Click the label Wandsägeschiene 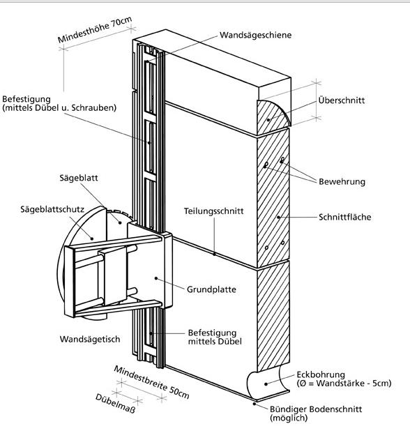pyautogui.click(x=255, y=36)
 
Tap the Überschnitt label pyautogui.click(x=342, y=100)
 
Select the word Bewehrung pyautogui.click(x=342, y=182)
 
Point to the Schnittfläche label pyautogui.click(x=345, y=217)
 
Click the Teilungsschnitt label pyautogui.click(x=213, y=211)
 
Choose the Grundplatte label pyautogui.click(x=211, y=289)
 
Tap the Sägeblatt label pyautogui.click(x=79, y=179)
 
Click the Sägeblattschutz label pyautogui.click(x=52, y=209)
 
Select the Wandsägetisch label pyautogui.click(x=90, y=339)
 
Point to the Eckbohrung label pyautogui.click(x=321, y=374)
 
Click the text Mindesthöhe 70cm pyautogui.click(x=95, y=30)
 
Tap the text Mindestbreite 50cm pyautogui.click(x=151, y=382)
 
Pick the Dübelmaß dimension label pyautogui.click(x=115, y=403)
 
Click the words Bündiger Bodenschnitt pyautogui.click(x=316, y=409)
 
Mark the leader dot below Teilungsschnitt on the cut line pyautogui.click(x=214, y=255)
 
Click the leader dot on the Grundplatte pyautogui.click(x=156, y=278)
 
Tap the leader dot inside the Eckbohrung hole pyautogui.click(x=266, y=384)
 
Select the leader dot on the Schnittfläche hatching pyautogui.click(x=278, y=217)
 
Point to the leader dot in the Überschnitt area pyautogui.click(x=268, y=120)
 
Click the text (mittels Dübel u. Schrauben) pyautogui.click(x=59, y=108)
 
